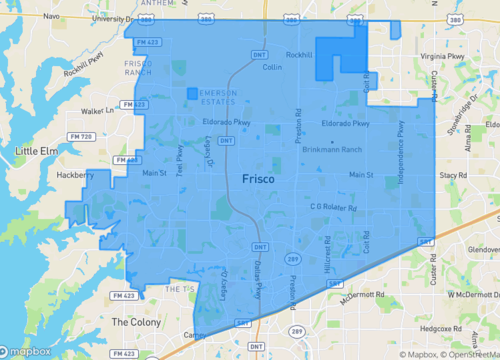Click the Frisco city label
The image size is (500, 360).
(263, 178)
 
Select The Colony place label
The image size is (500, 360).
(134, 322)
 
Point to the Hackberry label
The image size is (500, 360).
(76, 174)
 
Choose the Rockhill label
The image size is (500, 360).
(299, 55)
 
